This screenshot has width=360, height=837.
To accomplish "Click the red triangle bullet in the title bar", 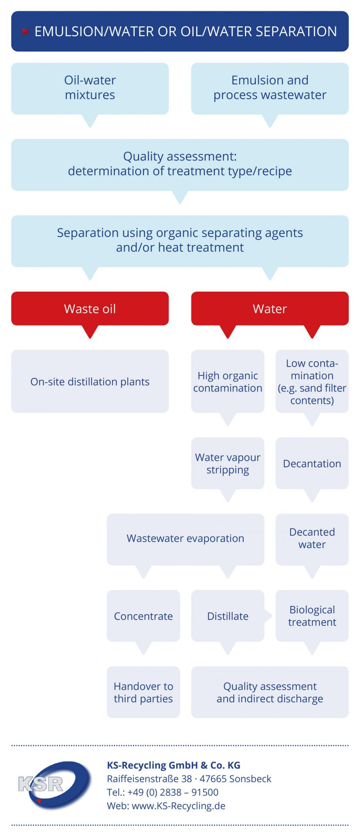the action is (26, 31).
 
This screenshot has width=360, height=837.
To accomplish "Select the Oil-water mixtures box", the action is (90, 88).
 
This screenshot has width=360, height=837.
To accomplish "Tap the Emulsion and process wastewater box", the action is (270, 88).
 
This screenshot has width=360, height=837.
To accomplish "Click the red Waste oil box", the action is (90, 309).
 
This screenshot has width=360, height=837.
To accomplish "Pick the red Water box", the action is (270, 309).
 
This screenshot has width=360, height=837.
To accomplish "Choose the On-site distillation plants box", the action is (90, 381).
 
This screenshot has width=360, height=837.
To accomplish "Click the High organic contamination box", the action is (228, 381).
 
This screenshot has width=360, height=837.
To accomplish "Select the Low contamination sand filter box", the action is (312, 381).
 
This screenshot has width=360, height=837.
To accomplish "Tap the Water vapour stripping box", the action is (228, 463).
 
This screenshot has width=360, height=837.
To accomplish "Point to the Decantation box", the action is (312, 463).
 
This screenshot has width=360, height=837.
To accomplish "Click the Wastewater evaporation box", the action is (186, 539).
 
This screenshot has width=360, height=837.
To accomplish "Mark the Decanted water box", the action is (312, 539).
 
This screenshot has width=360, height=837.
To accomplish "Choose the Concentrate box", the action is (143, 616).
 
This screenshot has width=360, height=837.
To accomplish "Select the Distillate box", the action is (228, 616).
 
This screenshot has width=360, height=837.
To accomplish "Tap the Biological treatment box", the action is (312, 616).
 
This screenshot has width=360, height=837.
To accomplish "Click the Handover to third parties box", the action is (143, 692).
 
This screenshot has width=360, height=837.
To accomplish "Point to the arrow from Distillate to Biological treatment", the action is (268, 616).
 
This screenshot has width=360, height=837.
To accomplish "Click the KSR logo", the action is (54, 785).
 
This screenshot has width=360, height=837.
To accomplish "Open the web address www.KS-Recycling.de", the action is (179, 806).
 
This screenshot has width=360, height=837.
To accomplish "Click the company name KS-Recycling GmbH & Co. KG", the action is (173, 765).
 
